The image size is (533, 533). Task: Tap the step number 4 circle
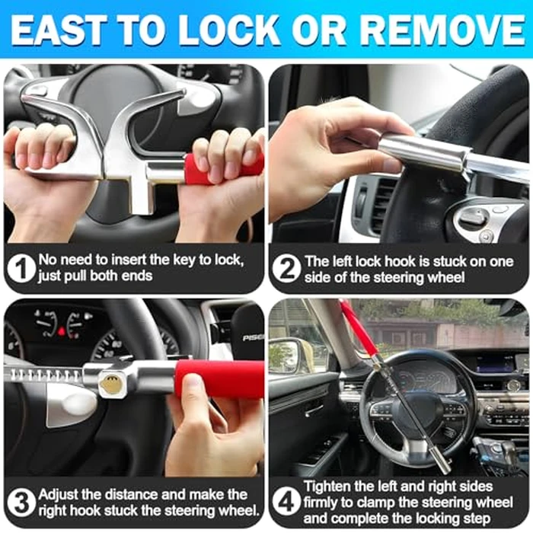click(x=285, y=503)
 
